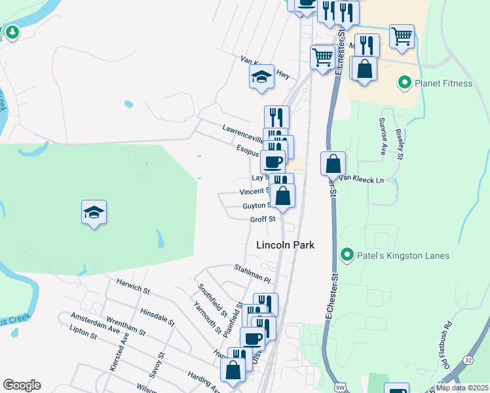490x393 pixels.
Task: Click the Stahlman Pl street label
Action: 252,273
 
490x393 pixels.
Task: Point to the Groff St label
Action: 262,219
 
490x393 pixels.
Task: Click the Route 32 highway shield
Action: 468,360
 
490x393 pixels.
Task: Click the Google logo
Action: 22,385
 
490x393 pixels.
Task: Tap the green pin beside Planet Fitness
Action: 404,83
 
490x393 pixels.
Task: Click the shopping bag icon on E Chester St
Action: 333,164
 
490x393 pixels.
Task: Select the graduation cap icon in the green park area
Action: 94,213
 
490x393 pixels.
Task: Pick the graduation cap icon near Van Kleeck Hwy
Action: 261,77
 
